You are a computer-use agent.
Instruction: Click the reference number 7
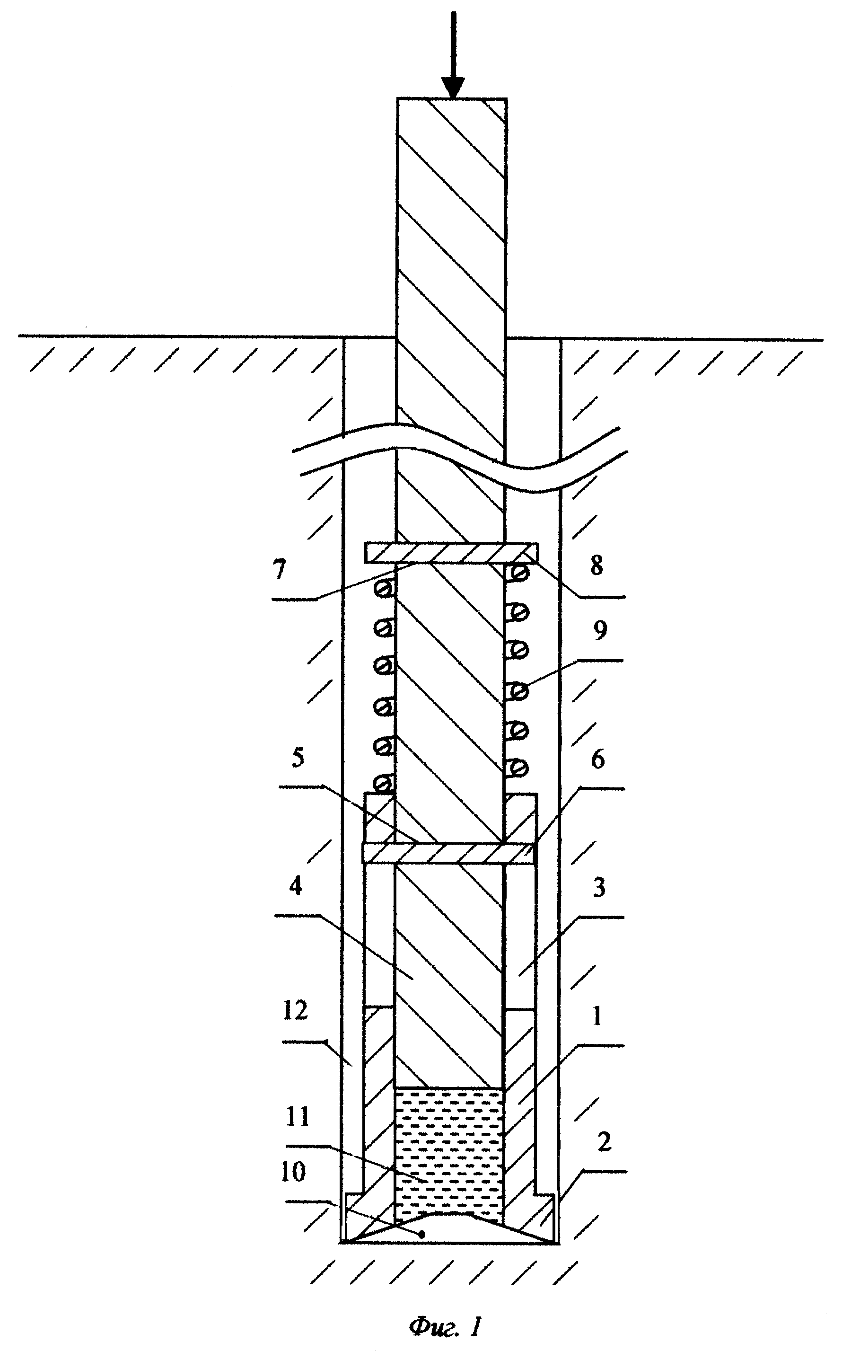pos(279,570)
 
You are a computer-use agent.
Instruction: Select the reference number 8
pos(597,565)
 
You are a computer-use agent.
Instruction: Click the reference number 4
pos(296,886)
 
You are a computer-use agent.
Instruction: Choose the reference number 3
pos(599,888)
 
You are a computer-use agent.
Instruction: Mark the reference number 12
pos(296,1011)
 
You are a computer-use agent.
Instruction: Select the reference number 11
pos(298,1117)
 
